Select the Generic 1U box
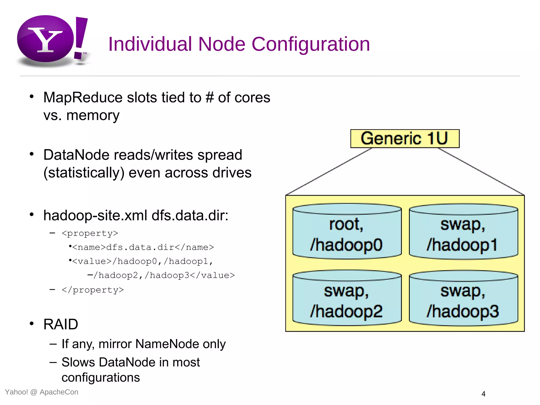click(404, 138)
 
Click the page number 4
click(483, 394)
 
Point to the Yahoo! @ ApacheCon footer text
click(42, 392)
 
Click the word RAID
click(61, 324)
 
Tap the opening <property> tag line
click(90, 233)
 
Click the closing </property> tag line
click(93, 290)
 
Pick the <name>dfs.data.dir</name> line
click(143, 247)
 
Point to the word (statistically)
click(84, 173)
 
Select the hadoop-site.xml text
click(95, 215)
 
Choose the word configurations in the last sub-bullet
click(101, 378)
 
